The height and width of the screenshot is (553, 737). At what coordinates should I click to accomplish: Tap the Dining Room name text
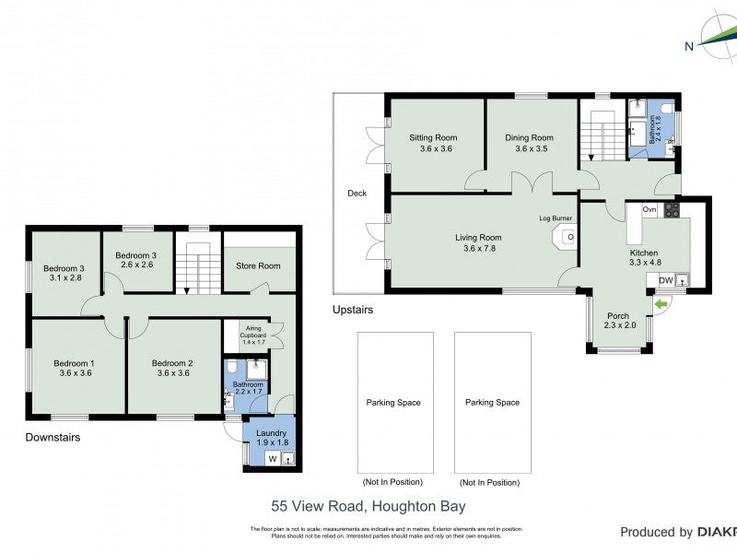click(x=529, y=138)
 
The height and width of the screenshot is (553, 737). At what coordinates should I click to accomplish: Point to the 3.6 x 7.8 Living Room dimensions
click(x=478, y=249)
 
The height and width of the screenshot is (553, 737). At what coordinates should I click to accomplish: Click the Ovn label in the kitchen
click(x=649, y=209)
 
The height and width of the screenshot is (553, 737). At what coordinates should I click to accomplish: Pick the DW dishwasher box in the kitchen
click(x=665, y=280)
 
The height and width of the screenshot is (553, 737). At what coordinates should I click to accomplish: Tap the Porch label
click(x=617, y=316)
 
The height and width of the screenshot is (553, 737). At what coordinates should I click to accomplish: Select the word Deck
click(x=357, y=194)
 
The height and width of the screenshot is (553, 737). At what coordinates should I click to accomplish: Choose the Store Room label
click(x=259, y=266)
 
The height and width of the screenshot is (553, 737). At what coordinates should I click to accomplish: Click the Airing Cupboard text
click(x=252, y=331)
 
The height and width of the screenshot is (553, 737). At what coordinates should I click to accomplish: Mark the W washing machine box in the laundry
click(x=273, y=458)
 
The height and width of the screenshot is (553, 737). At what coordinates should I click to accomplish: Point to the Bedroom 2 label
click(x=172, y=363)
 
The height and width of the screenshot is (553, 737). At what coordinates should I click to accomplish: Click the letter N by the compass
click(x=688, y=47)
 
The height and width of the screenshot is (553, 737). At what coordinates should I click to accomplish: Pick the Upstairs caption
click(x=353, y=311)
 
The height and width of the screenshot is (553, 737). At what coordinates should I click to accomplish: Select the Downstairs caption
click(x=53, y=438)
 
